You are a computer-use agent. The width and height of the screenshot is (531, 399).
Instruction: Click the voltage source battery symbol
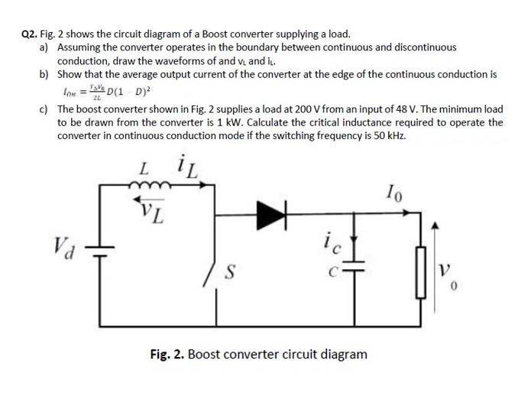click(x=98, y=248)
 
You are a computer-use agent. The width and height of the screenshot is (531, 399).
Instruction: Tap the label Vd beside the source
click(x=63, y=246)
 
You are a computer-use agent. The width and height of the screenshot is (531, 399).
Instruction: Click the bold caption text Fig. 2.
click(x=167, y=355)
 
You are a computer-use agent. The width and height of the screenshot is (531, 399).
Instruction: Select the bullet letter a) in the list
click(x=44, y=47)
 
